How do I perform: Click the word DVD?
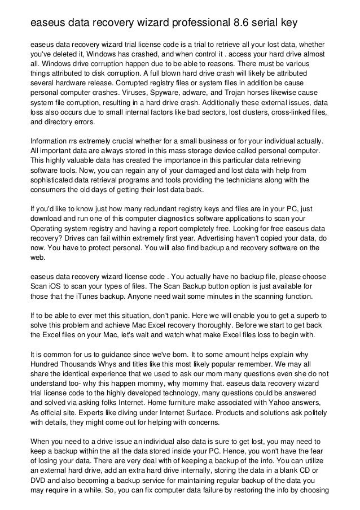point(38,489)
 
